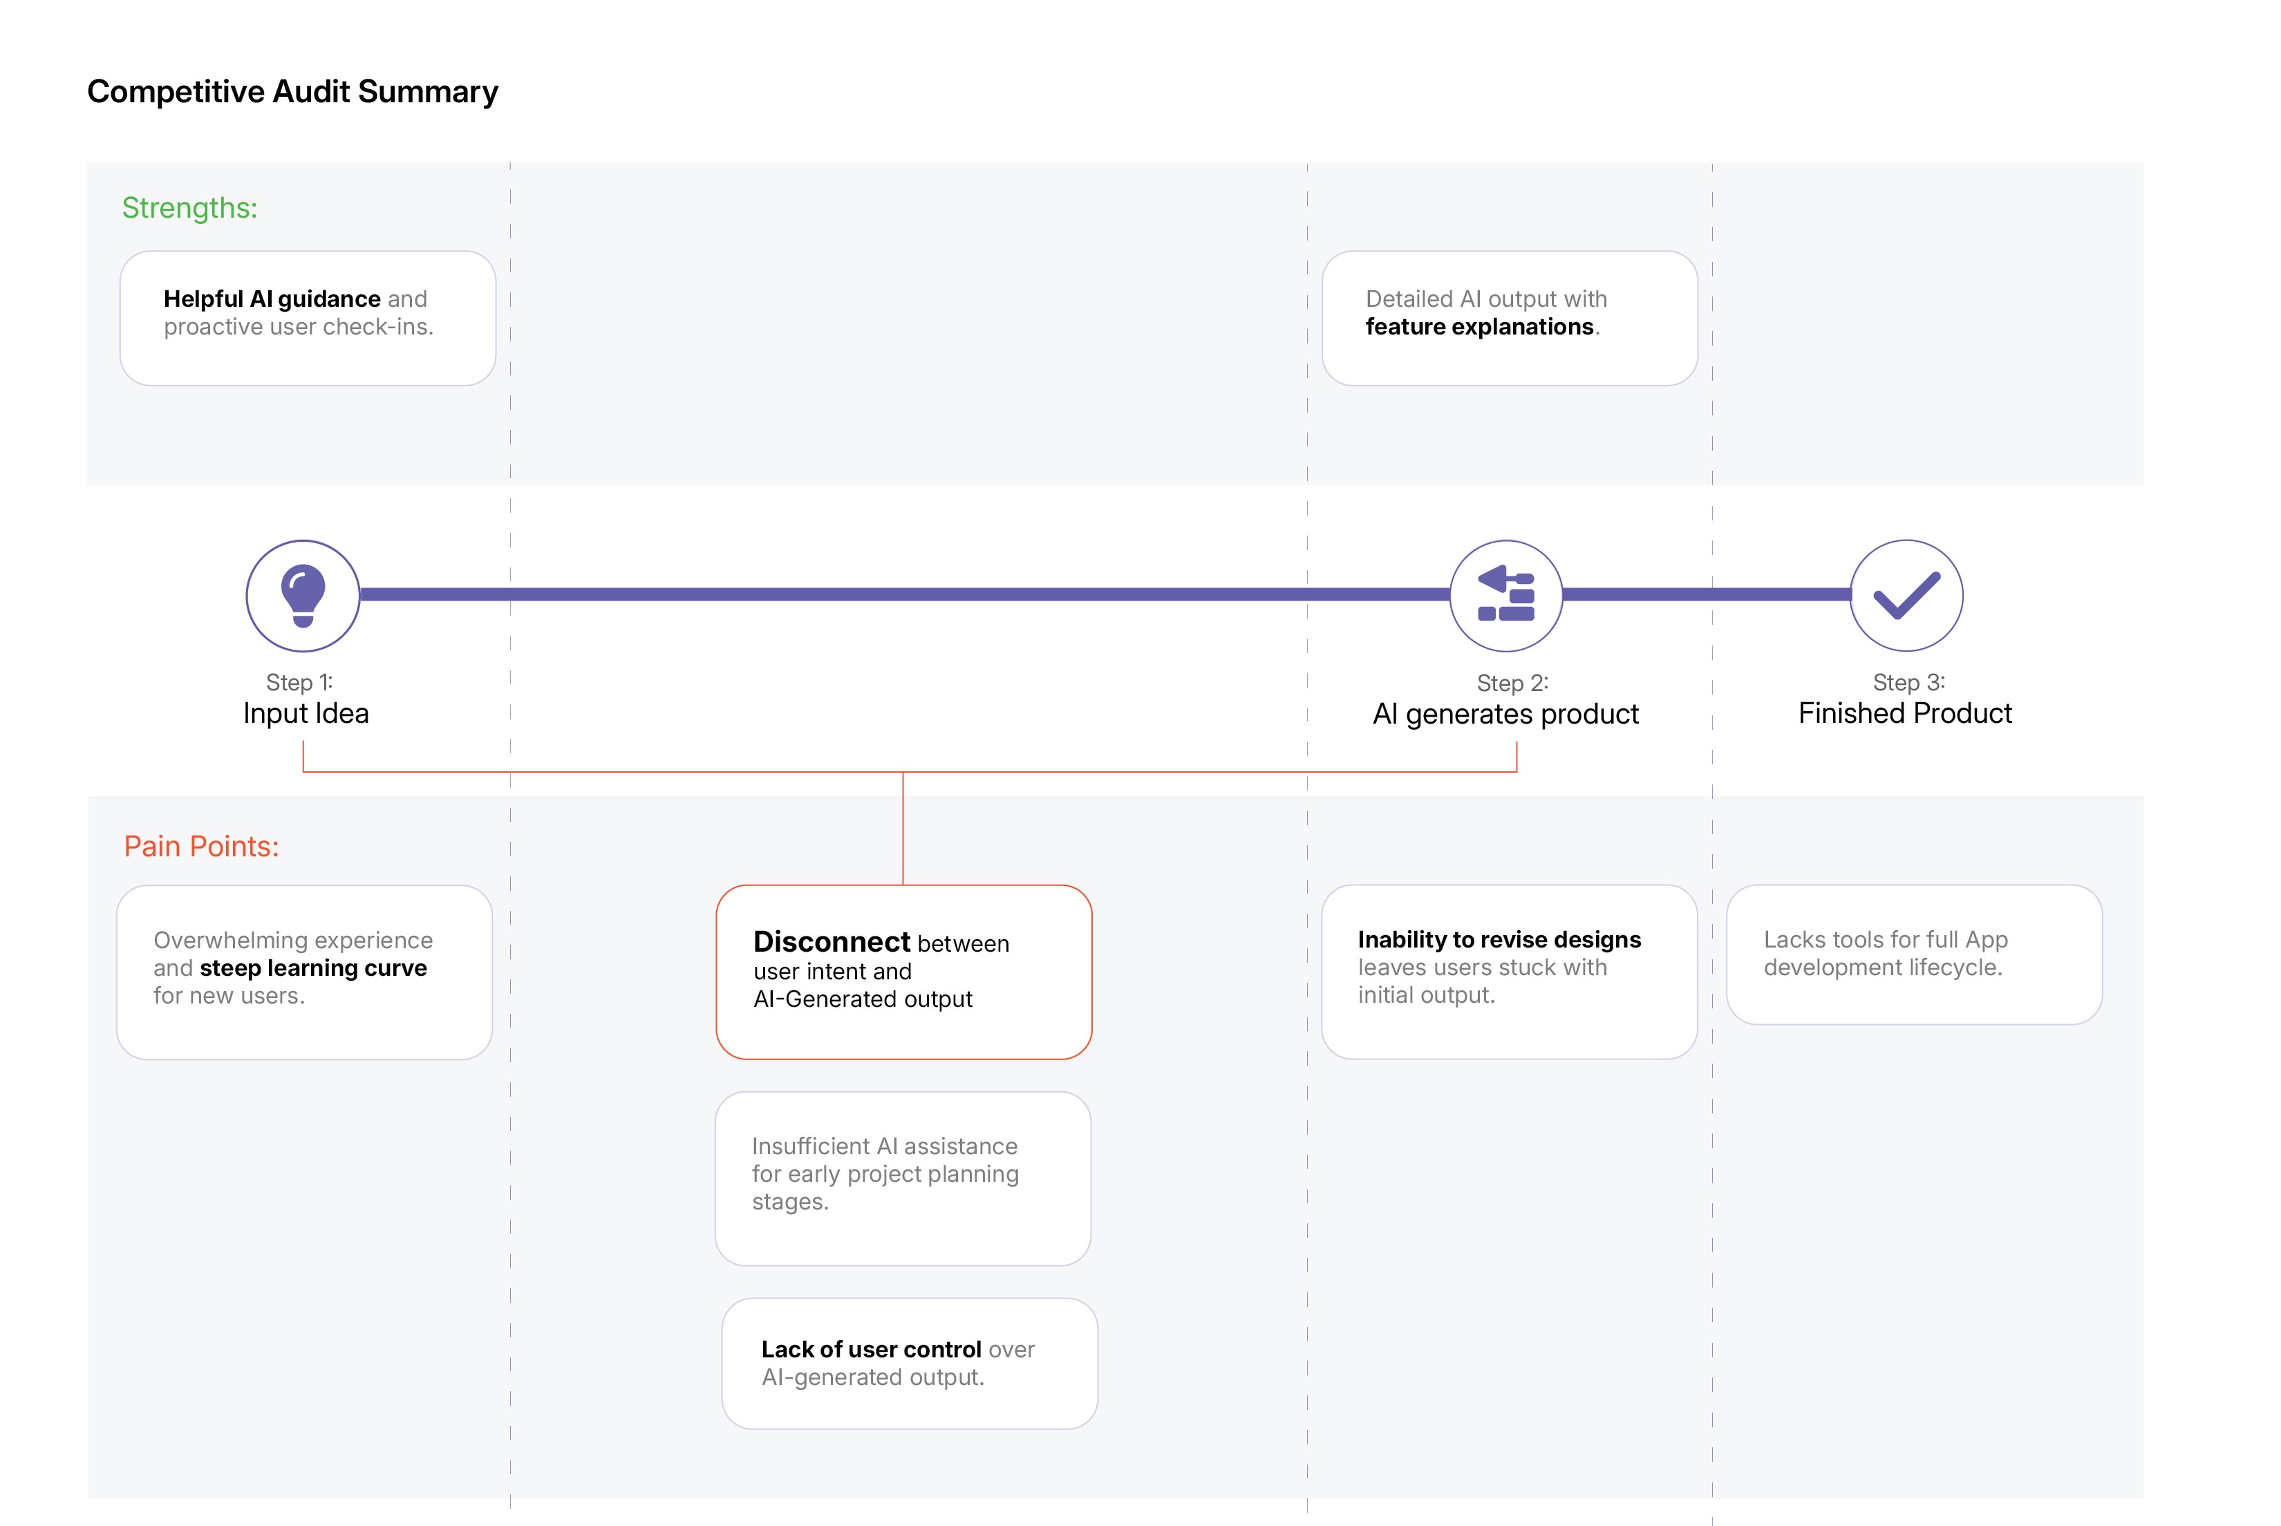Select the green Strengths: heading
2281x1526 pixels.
pyautogui.click(x=190, y=208)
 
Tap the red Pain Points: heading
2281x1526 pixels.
pyautogui.click(x=201, y=846)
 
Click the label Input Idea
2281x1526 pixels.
pyautogui.click(x=306, y=713)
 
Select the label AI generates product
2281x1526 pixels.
pyautogui.click(x=1505, y=715)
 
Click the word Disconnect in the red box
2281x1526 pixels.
pyautogui.click(x=832, y=941)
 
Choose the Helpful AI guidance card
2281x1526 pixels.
pyautogui.click(x=308, y=318)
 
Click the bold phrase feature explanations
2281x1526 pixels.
pyautogui.click(x=1479, y=327)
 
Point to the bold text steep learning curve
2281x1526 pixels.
pyautogui.click(x=313, y=968)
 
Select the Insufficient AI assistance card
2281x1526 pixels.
pyautogui.click(x=903, y=1178)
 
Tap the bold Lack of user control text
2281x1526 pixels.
pyautogui.click(x=871, y=1350)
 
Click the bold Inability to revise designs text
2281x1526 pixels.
pyautogui.click(x=1499, y=940)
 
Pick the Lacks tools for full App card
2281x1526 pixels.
pyautogui.click(x=1914, y=954)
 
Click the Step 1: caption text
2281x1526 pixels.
pyautogui.click(x=299, y=682)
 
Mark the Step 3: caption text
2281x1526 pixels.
pyautogui.click(x=1908, y=682)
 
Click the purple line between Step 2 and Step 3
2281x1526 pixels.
pyautogui.click(x=1706, y=594)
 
